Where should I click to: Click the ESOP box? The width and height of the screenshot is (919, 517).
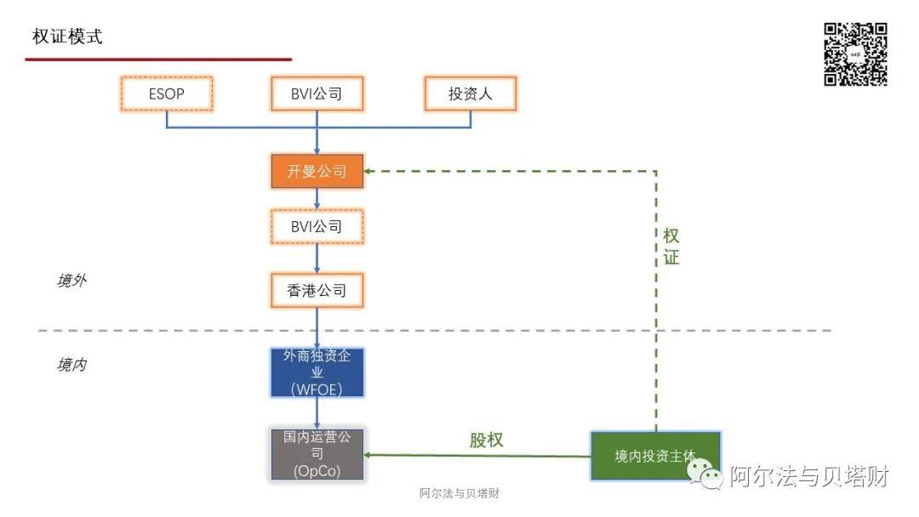click(166, 94)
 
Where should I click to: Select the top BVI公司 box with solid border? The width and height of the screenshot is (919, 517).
click(317, 94)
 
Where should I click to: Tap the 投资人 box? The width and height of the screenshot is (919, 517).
click(471, 94)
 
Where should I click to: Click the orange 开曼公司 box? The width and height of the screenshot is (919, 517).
click(317, 171)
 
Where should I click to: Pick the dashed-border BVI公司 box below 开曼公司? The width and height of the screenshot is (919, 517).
click(317, 226)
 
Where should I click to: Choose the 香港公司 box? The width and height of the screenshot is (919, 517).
click(317, 291)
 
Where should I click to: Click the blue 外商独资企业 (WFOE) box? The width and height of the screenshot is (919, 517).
click(317, 372)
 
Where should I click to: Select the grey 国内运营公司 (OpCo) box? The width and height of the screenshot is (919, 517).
click(317, 454)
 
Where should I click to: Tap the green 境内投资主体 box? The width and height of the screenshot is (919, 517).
click(655, 456)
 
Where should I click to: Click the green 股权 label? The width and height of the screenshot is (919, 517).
click(487, 440)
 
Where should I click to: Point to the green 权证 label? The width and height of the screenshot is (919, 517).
click(671, 247)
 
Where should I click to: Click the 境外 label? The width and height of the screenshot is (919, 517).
click(71, 281)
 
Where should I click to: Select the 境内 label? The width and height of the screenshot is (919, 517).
click(71, 365)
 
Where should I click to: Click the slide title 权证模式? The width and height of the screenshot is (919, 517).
click(67, 37)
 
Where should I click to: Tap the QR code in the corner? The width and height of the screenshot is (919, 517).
click(855, 54)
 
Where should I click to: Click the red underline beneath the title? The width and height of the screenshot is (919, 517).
click(158, 60)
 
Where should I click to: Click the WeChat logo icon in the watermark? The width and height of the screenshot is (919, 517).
click(709, 477)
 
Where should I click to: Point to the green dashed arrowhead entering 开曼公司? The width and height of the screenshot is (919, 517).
click(369, 171)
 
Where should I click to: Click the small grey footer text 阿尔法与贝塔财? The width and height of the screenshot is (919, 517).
click(459, 494)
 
